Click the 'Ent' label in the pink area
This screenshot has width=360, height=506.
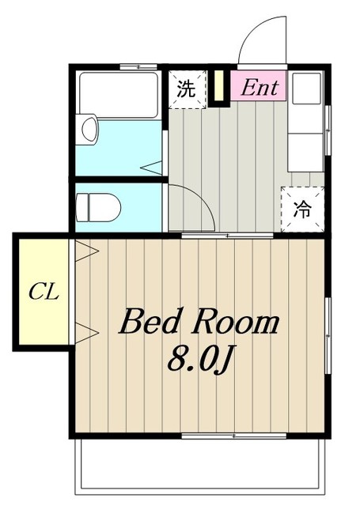point(260,88)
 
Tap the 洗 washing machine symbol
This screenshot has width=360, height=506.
point(187,89)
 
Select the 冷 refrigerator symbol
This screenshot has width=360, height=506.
point(302,209)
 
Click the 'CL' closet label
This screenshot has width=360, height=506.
point(44,291)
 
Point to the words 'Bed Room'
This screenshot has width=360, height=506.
point(199,322)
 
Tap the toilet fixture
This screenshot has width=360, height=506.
point(98,207)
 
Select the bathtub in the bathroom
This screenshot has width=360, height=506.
point(119,95)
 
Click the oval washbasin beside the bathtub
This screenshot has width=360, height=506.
point(89,129)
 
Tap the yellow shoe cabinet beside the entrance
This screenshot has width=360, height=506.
point(219,85)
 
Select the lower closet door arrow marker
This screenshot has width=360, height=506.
point(86,332)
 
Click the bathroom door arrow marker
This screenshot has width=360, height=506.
point(152,168)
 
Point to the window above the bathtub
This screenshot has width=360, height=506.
point(138,66)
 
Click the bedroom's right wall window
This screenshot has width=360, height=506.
point(328,335)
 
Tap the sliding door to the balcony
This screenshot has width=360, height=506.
point(234,436)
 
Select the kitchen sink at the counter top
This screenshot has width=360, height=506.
point(306,88)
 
